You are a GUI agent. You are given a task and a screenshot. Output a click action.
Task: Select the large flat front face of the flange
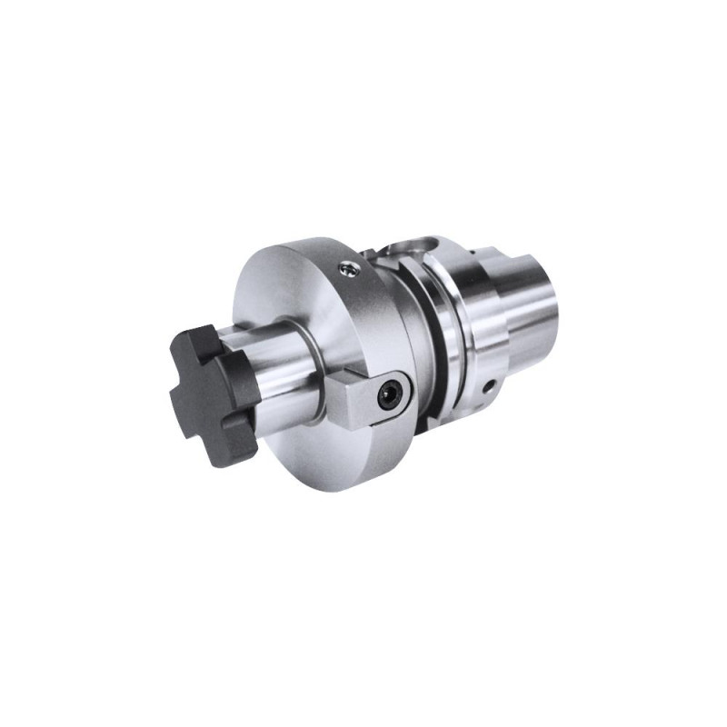point(273,300)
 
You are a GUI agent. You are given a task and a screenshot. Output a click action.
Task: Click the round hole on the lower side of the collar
point(490,386)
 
